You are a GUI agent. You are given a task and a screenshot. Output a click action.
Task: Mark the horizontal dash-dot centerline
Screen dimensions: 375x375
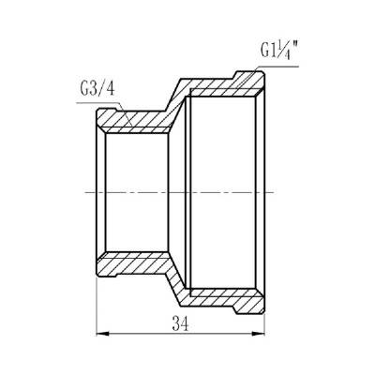(x=187, y=191)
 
